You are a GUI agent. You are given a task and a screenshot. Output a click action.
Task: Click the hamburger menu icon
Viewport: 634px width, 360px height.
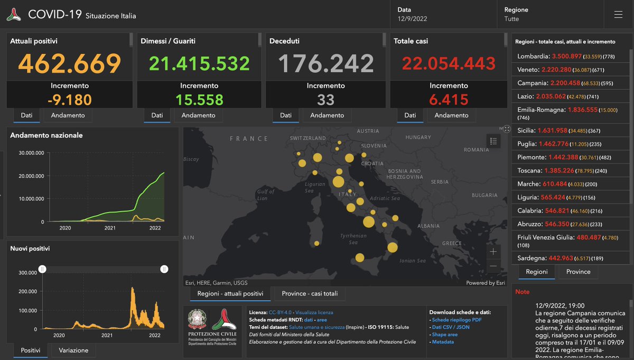pyautogui.click(x=618, y=15)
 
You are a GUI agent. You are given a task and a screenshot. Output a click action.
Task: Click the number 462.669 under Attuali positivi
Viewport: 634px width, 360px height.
pyautogui.click(x=70, y=63)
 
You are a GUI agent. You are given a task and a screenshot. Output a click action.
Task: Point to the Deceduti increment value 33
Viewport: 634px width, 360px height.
pyautogui.click(x=325, y=99)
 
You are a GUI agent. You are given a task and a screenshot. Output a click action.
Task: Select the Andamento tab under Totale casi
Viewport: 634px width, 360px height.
pyautogui.click(x=451, y=115)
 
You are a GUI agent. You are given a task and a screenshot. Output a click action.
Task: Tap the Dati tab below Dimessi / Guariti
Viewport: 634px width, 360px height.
pyautogui.click(x=157, y=115)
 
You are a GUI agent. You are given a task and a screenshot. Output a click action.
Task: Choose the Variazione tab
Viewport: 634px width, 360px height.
pyautogui.click(x=73, y=350)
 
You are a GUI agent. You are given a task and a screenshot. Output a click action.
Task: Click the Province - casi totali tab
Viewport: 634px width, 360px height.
pyautogui.click(x=310, y=294)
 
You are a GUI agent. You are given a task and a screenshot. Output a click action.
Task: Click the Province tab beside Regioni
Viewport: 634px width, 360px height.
pyautogui.click(x=578, y=272)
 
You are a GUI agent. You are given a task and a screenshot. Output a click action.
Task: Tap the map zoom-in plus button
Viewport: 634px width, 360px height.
pyautogui.click(x=493, y=252)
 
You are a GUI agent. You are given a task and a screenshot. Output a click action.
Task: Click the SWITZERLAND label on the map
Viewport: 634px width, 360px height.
pyautogui.click(x=308, y=138)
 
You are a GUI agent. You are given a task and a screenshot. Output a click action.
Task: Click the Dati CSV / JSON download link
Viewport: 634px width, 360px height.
pyautogui.click(x=450, y=327)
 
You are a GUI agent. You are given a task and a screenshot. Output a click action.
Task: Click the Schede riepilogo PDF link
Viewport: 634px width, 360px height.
pyautogui.click(x=456, y=320)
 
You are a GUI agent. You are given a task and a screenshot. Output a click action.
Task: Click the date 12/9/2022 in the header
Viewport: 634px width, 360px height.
pyautogui.click(x=412, y=19)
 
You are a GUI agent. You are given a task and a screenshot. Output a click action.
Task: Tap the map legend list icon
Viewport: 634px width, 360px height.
pyautogui.click(x=493, y=141)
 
